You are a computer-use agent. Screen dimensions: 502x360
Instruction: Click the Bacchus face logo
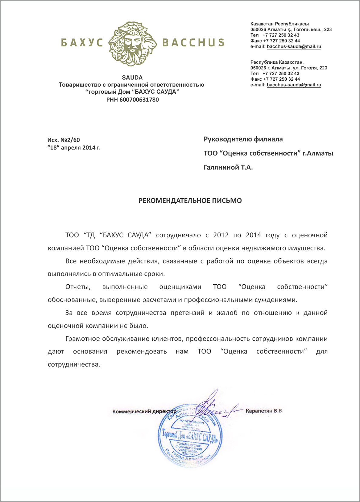tap(132, 43)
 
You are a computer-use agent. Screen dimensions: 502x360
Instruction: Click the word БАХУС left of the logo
tap(82, 43)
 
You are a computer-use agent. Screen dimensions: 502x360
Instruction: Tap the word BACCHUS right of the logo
tap(193, 43)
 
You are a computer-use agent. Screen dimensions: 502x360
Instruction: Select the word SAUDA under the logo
tap(132, 78)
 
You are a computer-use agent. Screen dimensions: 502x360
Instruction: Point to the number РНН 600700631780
tap(132, 100)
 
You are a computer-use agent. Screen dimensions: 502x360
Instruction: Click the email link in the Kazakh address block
tap(294, 47)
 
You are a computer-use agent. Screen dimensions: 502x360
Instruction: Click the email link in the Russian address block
tap(294, 85)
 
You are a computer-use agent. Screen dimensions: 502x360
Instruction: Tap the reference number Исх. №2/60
tap(64, 140)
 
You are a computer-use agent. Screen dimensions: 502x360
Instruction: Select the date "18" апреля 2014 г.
tap(74, 148)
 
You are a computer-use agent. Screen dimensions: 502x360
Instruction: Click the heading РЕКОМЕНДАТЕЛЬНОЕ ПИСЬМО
tap(190, 201)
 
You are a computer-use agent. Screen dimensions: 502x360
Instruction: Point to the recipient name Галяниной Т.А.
tap(228, 168)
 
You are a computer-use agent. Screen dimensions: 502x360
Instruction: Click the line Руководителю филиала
tap(243, 139)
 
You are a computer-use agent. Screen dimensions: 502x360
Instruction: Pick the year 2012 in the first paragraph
tap(221, 235)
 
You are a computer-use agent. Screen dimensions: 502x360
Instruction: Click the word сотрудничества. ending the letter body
tap(74, 365)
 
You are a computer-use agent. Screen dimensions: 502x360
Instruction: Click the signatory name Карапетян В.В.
tap(264, 411)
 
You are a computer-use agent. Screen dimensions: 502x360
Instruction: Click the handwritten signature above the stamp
tap(212, 406)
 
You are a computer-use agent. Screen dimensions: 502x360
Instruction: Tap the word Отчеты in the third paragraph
tap(78, 287)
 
